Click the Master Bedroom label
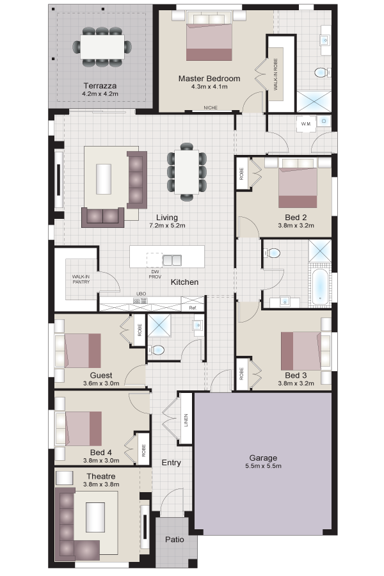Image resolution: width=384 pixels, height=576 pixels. [x=209, y=78]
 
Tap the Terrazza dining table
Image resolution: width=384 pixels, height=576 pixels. [x=102, y=46]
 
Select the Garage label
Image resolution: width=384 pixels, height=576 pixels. [x=263, y=458]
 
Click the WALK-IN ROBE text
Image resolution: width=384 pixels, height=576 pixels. [x=276, y=74]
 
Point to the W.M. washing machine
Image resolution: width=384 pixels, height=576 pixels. [x=306, y=124]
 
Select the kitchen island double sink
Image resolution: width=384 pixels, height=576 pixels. [x=172, y=260]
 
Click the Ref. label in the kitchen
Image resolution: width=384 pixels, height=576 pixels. [x=193, y=308]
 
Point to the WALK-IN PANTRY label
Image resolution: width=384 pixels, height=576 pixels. [x=81, y=279]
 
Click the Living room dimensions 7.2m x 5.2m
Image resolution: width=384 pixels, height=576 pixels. [x=167, y=225]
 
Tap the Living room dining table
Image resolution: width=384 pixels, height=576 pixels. [x=187, y=172]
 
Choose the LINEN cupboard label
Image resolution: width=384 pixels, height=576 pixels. [x=186, y=420]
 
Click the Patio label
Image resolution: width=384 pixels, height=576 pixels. [x=175, y=540]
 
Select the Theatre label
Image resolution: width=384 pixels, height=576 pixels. [x=101, y=476]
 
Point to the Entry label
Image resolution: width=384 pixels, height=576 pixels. [x=172, y=463]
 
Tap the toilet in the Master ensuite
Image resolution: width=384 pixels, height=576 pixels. [x=321, y=72]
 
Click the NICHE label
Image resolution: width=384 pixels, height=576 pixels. [x=211, y=108]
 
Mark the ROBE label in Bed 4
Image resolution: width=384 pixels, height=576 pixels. [x=143, y=451]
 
